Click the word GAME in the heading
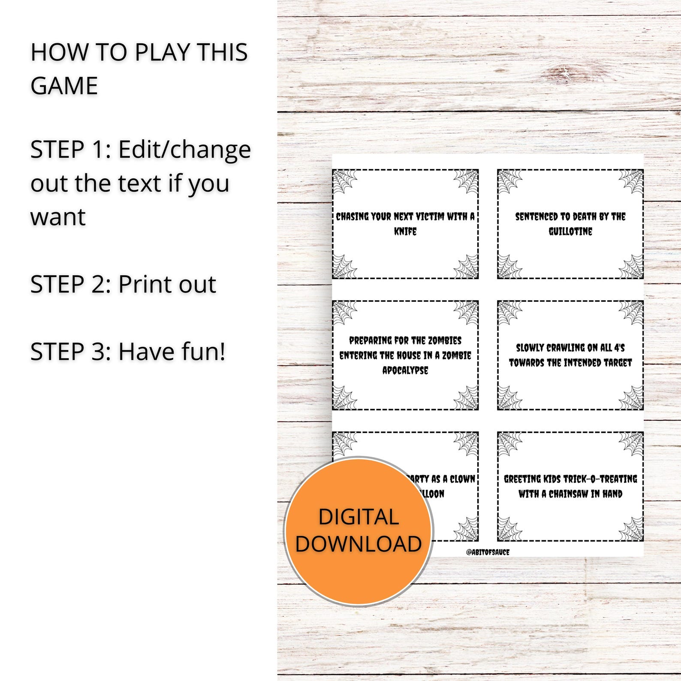click(64, 85)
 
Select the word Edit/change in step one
click(184, 150)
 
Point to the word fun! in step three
click(203, 352)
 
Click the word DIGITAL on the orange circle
click(359, 517)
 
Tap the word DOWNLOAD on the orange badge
click(359, 544)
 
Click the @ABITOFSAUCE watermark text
click(488, 552)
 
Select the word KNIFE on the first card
click(405, 232)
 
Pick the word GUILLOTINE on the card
click(570, 232)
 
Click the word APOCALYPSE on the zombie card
click(405, 371)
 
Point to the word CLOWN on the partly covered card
click(462, 479)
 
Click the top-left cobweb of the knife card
click(345, 181)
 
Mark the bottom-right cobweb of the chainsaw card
click(631, 529)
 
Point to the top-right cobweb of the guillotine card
click(631, 181)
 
